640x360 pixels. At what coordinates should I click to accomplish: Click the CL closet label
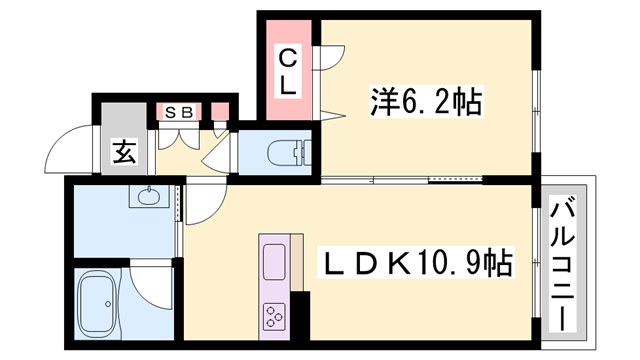[287, 70]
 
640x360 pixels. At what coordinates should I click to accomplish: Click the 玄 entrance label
[124, 152]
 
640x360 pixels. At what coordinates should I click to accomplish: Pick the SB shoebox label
[179, 112]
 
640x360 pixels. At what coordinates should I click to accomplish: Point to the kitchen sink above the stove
[274, 258]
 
